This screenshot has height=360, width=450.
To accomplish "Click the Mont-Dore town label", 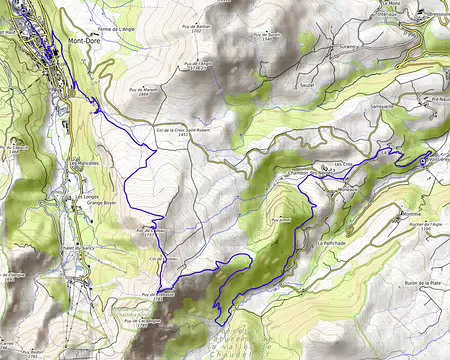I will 83,41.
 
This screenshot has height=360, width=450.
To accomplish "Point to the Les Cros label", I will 343,163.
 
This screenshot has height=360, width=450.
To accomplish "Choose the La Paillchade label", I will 331,243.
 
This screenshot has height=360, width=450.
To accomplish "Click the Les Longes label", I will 85,197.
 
